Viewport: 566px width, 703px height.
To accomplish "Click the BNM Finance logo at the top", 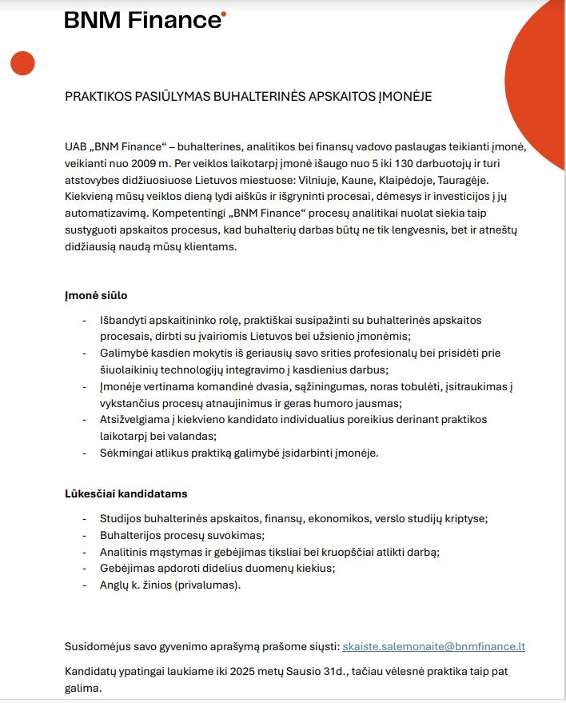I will click(x=145, y=20).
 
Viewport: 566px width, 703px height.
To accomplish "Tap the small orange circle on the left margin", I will click(x=22, y=62).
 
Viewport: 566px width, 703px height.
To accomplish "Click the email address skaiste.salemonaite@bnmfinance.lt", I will click(x=433, y=646).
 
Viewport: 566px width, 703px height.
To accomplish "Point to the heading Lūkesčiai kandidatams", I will click(x=126, y=493).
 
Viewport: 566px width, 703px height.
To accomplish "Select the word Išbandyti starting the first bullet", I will click(x=126, y=320).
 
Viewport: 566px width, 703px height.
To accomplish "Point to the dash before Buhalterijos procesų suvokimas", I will click(x=86, y=535).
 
